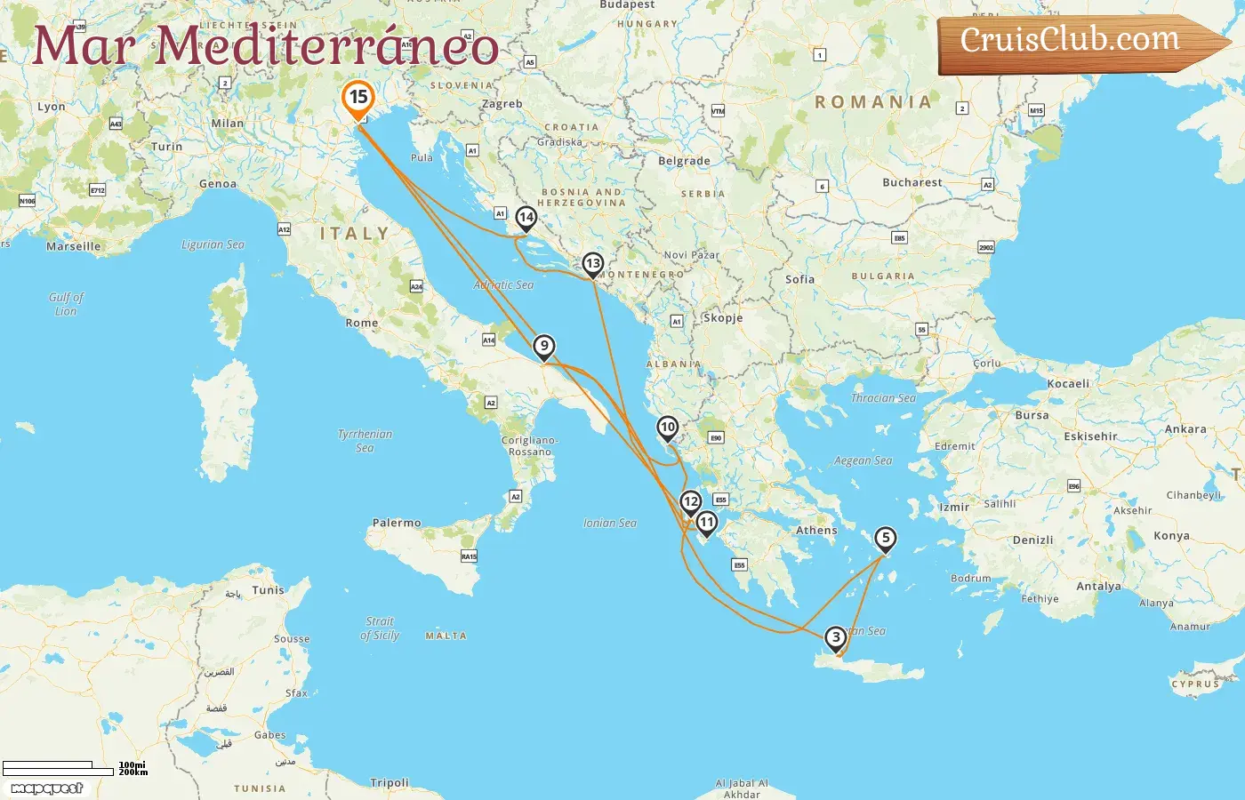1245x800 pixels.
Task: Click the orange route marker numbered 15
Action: click(358, 99)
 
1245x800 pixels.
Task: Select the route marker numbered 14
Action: click(526, 218)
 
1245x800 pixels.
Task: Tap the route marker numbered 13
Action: click(593, 264)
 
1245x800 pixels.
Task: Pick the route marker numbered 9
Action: click(544, 347)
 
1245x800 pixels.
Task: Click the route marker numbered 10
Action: click(668, 428)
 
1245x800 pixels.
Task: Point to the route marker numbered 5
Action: click(885, 539)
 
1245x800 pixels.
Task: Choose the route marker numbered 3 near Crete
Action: click(835, 638)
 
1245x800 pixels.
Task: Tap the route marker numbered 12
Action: click(691, 502)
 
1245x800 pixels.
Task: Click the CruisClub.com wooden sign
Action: click(1076, 42)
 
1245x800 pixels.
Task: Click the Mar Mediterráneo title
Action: click(265, 45)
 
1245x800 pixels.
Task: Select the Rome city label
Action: click(362, 323)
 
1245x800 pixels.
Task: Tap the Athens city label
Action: click(816, 531)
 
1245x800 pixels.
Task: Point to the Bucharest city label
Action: click(912, 182)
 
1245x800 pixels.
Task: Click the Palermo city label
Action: click(397, 523)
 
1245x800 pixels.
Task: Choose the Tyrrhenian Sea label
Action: click(365, 441)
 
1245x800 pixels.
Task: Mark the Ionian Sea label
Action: click(610, 524)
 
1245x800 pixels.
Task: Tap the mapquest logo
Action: click(47, 788)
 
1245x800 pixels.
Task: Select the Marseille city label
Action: click(74, 247)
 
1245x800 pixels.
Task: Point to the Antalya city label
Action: click(1098, 587)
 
